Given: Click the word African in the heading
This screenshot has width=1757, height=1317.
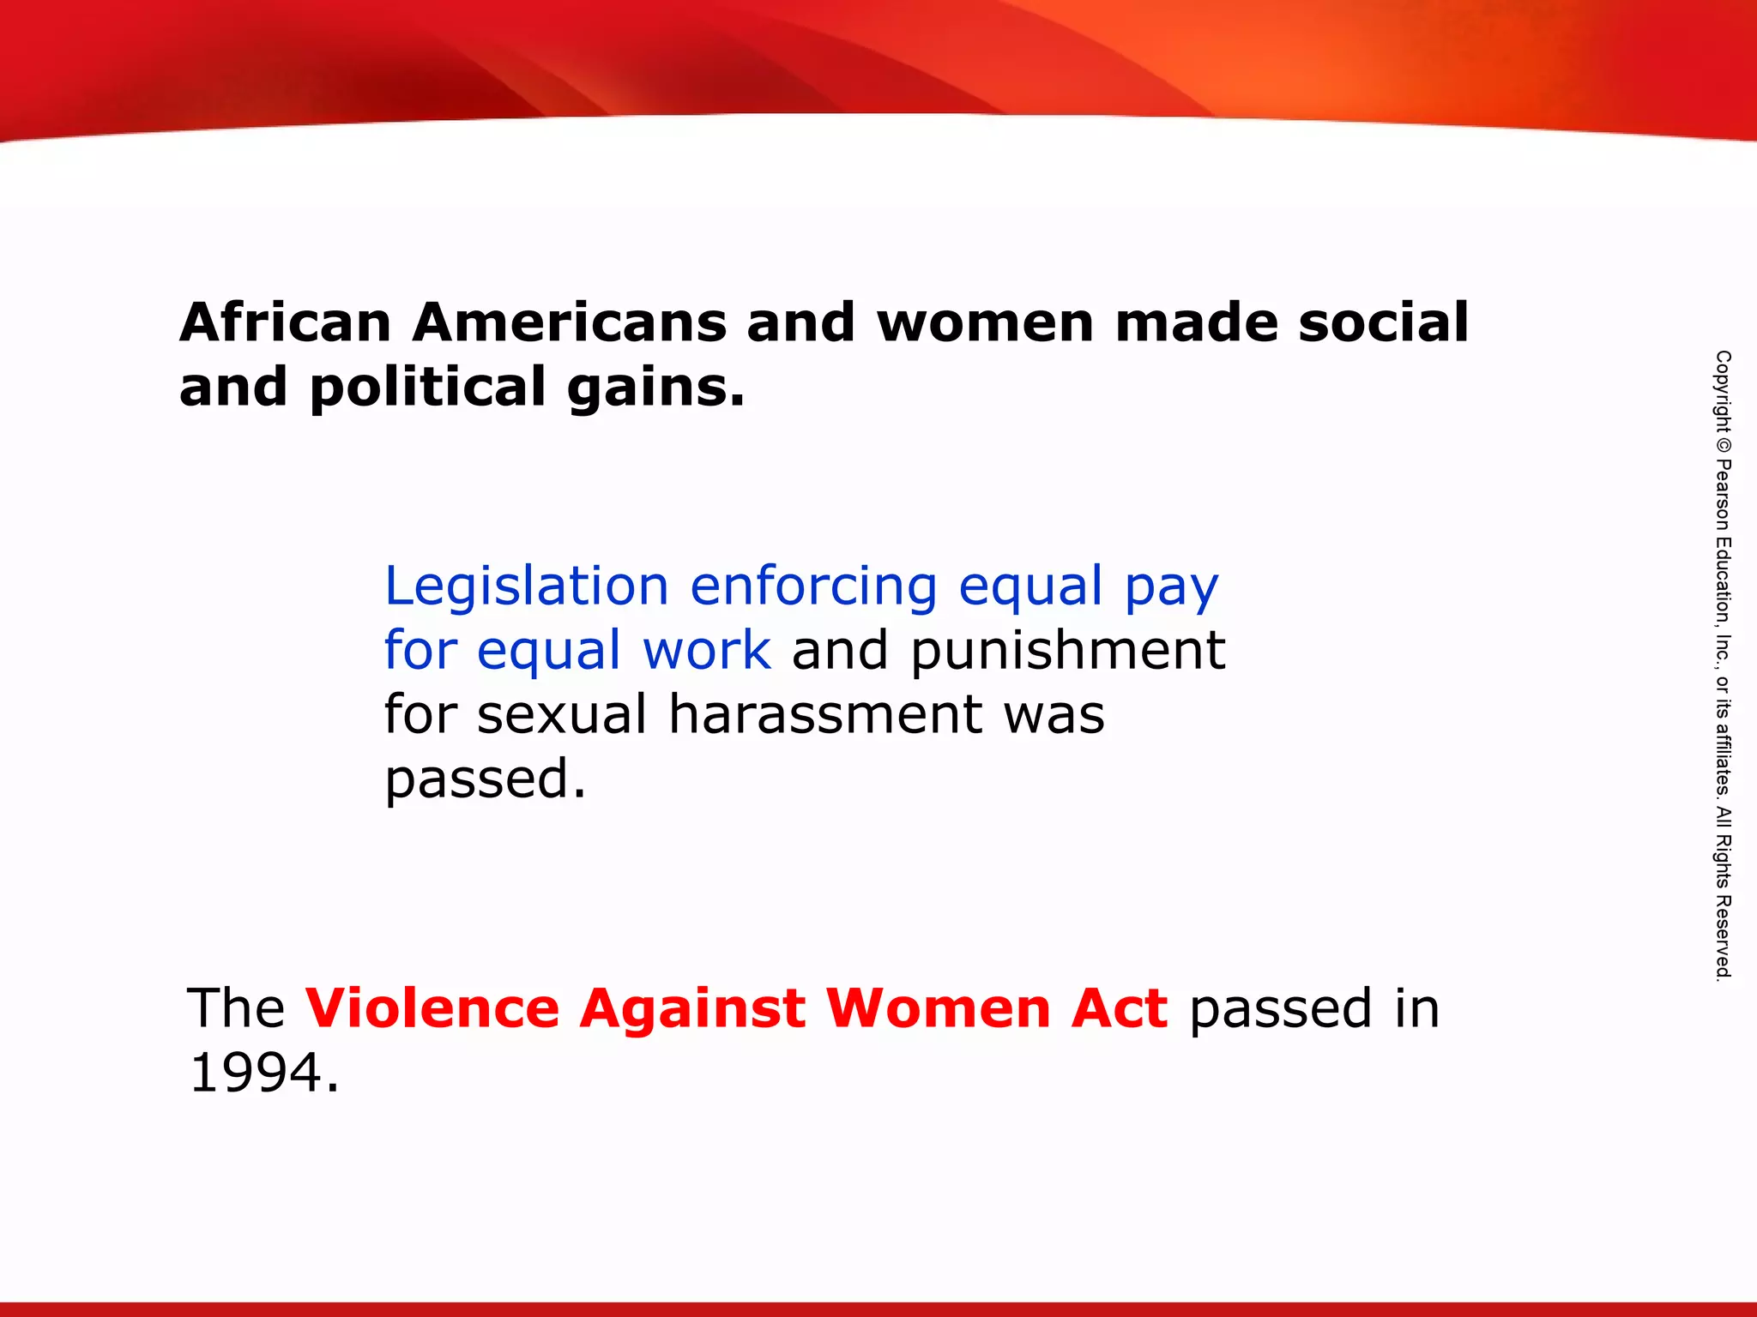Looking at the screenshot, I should pyautogui.click(x=286, y=322).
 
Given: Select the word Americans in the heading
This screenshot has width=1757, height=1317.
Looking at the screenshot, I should pyautogui.click(x=569, y=322).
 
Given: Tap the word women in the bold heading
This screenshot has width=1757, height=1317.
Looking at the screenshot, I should pyautogui.click(x=985, y=322).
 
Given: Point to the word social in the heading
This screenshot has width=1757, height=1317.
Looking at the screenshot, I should pyautogui.click(x=1383, y=322).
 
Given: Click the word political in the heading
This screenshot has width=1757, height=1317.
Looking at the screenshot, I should pyautogui.click(x=427, y=388).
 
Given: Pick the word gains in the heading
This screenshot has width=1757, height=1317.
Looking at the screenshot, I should pyautogui.click(x=655, y=388).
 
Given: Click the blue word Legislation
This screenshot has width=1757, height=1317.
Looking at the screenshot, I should pyautogui.click(x=526, y=586).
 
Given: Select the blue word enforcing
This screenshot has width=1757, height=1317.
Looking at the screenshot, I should pyautogui.click(x=813, y=586).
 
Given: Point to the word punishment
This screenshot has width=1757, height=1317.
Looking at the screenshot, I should pyautogui.click(x=1068, y=652).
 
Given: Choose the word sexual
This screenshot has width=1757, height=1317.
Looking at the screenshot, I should pyautogui.click(x=561, y=715).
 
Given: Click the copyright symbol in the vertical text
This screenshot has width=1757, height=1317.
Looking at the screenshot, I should pyautogui.click(x=1723, y=445).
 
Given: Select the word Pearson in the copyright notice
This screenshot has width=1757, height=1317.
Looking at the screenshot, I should pyautogui.click(x=1723, y=496).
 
